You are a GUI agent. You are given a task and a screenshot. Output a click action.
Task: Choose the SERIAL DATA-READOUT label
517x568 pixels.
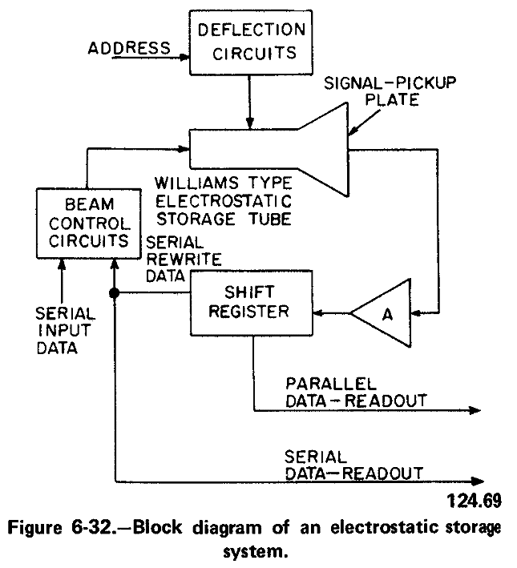[353, 465]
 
